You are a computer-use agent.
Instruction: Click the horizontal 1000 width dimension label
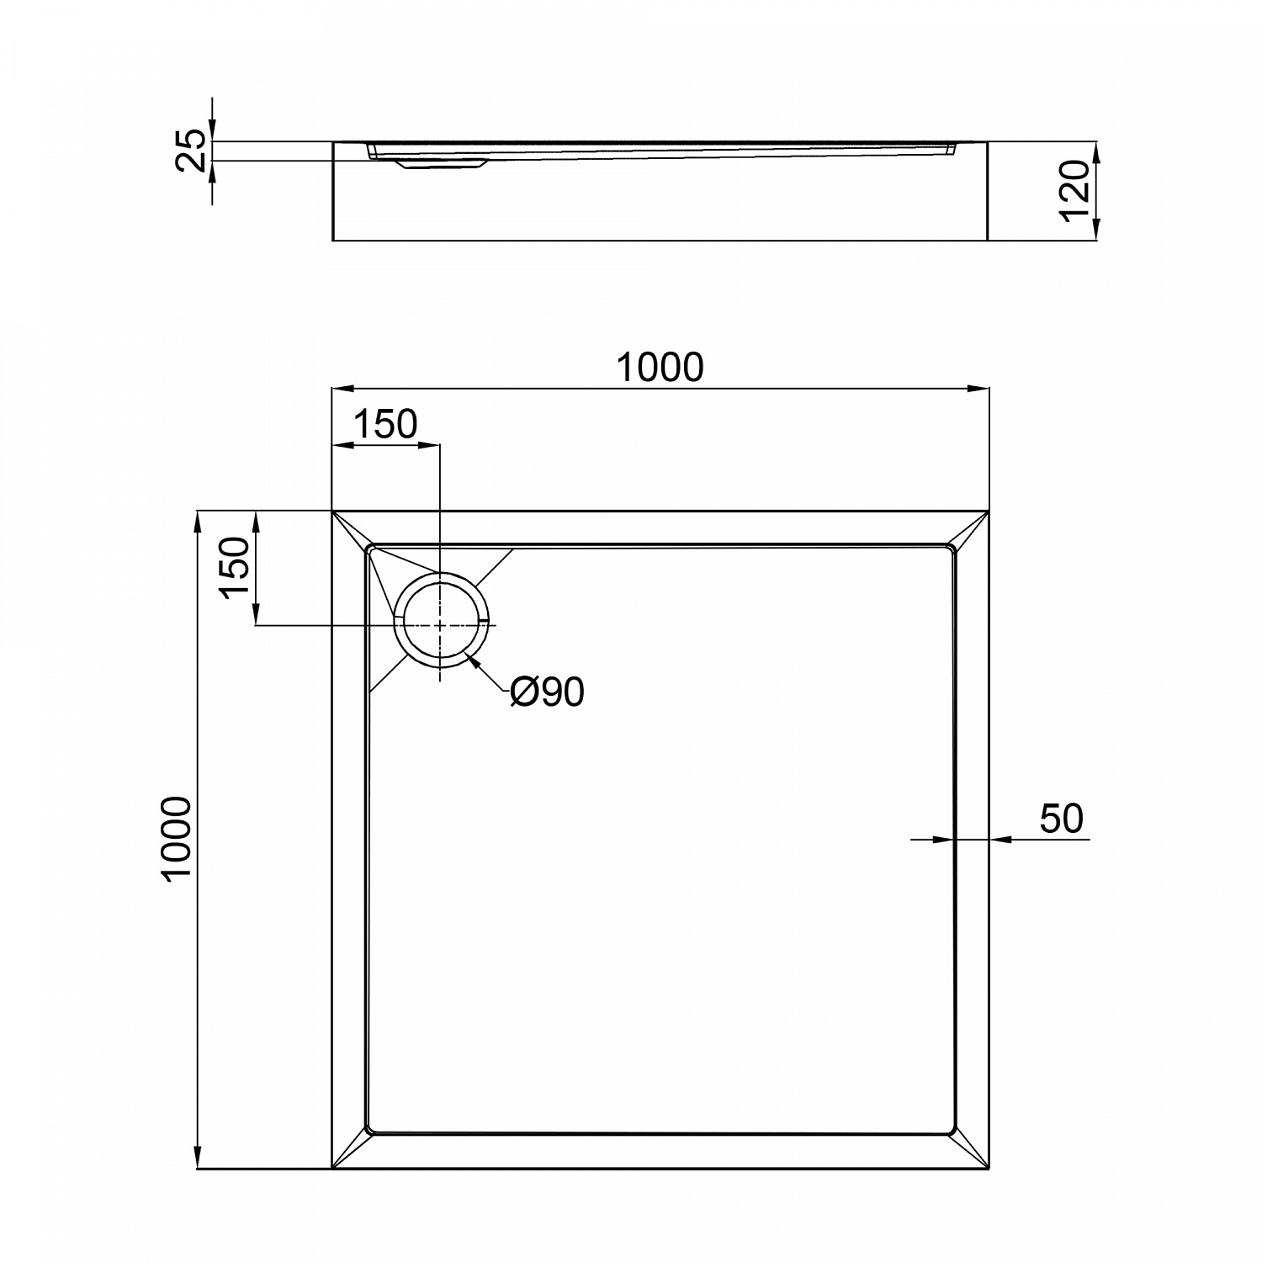tap(660, 368)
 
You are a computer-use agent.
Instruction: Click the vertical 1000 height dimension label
tap(178, 838)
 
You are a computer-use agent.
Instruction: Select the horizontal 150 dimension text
tap(384, 425)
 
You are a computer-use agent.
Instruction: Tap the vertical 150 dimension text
tap(236, 568)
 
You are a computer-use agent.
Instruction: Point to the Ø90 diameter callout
tap(547, 692)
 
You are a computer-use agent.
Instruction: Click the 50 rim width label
tap(1061, 819)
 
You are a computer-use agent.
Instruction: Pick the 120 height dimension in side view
tap(1077, 192)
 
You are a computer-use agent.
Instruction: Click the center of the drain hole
tap(440, 625)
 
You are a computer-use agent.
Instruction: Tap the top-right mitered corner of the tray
tap(971, 528)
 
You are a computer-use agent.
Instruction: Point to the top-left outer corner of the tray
tap(334, 512)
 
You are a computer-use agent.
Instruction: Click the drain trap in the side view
tap(442, 164)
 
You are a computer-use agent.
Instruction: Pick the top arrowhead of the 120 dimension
tap(1096, 152)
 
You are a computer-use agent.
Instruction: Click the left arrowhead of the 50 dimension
tap(946, 839)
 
